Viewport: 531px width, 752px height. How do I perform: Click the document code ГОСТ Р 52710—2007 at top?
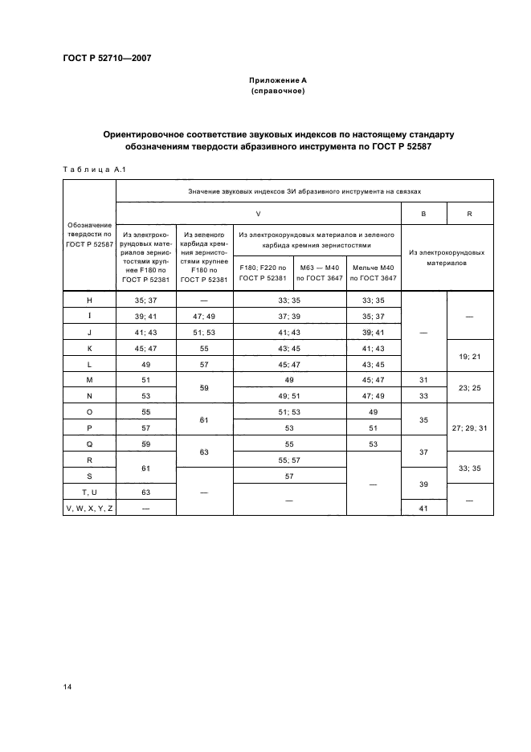point(107,57)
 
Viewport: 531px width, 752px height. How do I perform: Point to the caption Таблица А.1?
point(89,168)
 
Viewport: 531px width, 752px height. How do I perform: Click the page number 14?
point(67,685)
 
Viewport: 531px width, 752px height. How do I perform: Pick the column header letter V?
point(258,214)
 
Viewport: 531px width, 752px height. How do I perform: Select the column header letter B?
point(423,214)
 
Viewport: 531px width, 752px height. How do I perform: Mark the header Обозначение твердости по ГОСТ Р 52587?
point(89,233)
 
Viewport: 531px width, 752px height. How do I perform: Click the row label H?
point(89,300)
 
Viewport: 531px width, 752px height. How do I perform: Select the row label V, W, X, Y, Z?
point(89,508)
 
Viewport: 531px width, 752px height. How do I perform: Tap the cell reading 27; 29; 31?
point(469,428)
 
